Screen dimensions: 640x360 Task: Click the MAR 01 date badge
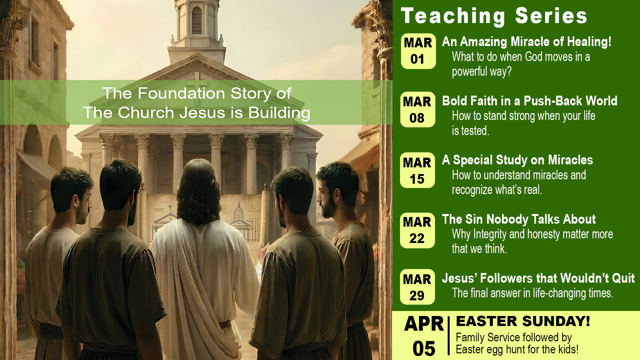(418, 51)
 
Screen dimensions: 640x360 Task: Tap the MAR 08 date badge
(418, 110)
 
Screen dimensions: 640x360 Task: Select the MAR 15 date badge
(418, 170)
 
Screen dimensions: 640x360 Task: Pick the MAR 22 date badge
(418, 230)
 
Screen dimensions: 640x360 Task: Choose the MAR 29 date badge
(418, 287)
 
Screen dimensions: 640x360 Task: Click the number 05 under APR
(424, 349)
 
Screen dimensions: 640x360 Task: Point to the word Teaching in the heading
(453, 16)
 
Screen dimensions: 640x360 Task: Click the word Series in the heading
(551, 16)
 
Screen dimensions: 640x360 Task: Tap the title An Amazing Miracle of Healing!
(527, 42)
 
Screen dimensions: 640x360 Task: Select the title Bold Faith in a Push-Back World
(530, 101)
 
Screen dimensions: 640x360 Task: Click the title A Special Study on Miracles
(517, 160)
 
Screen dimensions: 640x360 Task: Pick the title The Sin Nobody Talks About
(519, 219)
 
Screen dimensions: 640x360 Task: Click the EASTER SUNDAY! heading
(523, 321)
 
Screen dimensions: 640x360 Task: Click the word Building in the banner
(279, 113)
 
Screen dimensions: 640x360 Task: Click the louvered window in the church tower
(197, 20)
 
